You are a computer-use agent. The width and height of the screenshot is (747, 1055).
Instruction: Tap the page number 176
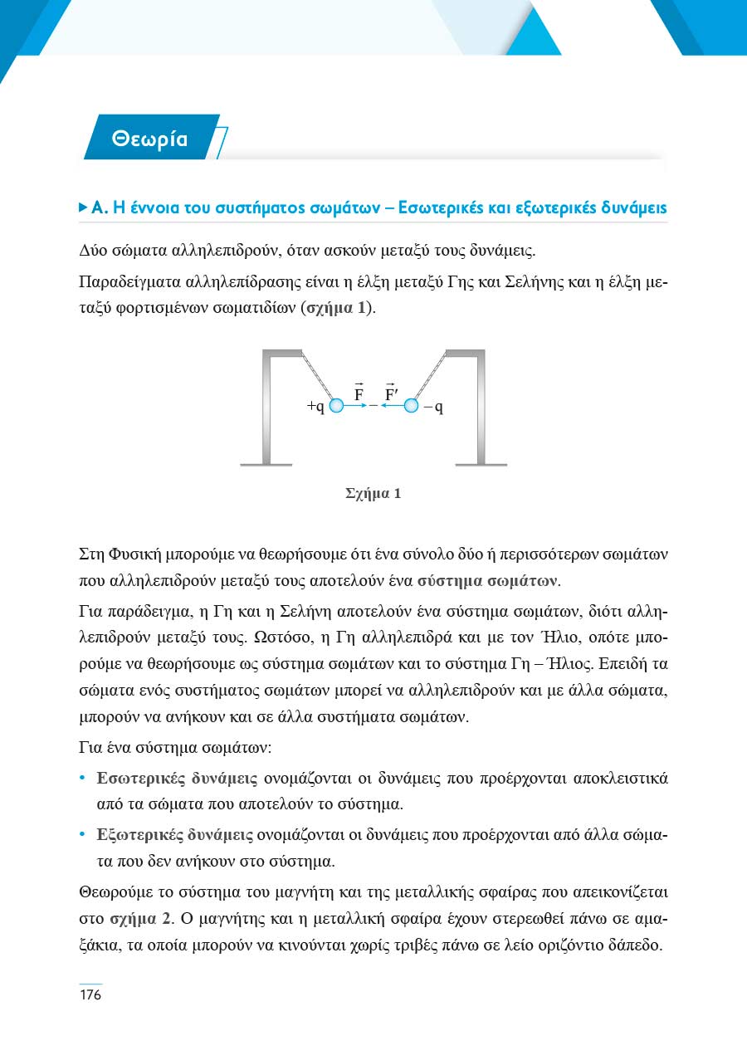click(x=90, y=994)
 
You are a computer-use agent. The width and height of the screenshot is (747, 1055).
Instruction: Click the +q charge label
click(x=315, y=407)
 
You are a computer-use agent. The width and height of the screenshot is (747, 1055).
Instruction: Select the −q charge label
click(x=433, y=407)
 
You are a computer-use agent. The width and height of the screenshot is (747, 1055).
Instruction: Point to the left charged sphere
click(x=336, y=406)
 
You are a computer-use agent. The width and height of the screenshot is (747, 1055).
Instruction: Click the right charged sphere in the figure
click(x=411, y=406)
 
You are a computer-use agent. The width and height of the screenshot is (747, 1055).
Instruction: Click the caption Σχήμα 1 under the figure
click(x=373, y=494)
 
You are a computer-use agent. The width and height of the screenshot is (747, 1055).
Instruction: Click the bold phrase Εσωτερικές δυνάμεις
click(x=178, y=779)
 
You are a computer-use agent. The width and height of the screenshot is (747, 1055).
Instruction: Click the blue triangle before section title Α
click(x=82, y=207)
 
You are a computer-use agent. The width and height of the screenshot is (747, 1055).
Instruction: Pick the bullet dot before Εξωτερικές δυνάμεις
click(x=81, y=836)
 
